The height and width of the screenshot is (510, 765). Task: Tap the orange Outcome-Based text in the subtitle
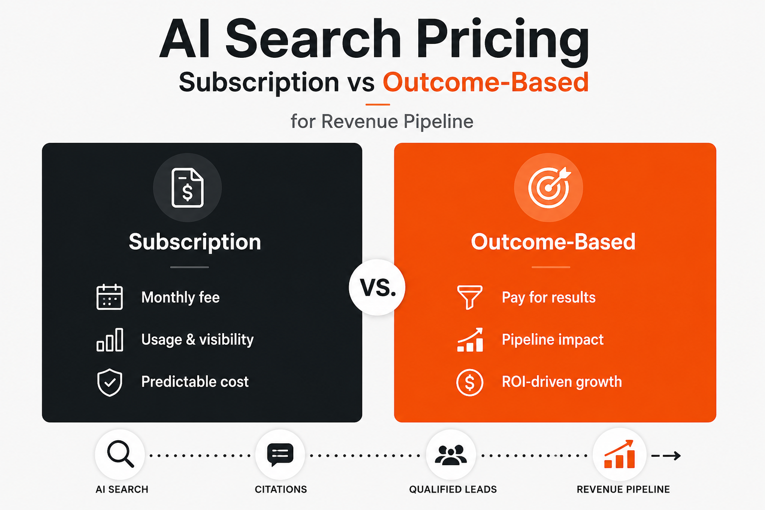pos(486,82)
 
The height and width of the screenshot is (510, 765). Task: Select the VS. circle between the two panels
pos(378,287)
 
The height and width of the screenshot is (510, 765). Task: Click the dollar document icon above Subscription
pos(187,188)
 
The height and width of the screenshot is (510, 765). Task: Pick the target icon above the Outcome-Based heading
pos(549,187)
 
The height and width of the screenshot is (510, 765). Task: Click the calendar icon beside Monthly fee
pos(110,297)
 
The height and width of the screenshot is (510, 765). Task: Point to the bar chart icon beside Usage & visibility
pos(110,340)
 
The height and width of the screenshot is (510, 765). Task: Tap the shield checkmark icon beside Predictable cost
pos(110,382)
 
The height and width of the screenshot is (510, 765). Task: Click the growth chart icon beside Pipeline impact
pos(470,340)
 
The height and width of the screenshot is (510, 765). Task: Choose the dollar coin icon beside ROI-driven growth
pos(470,382)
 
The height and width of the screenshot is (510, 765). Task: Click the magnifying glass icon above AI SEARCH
pos(120,454)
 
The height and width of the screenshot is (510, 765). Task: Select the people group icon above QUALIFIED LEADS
pos(451,455)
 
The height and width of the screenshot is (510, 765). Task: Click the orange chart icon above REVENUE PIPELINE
pos(620,454)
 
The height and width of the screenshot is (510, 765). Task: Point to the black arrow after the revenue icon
pos(666,456)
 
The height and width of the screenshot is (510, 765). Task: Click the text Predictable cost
pos(195,382)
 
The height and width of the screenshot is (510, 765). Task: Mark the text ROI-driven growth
pos(562,382)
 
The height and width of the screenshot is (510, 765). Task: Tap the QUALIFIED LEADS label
pos(453,490)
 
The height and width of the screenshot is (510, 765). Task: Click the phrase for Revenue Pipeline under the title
pos(382,121)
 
